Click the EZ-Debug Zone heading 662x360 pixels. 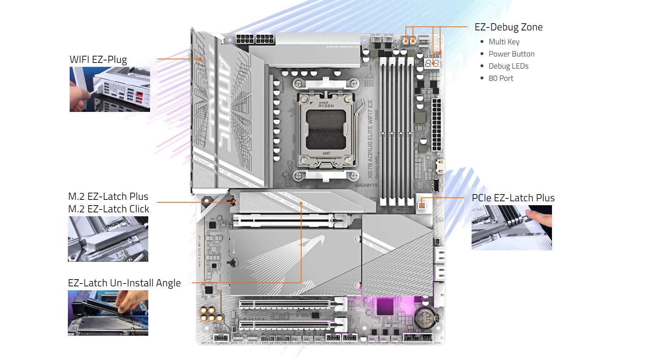tap(508, 27)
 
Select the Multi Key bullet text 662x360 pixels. tap(504, 42)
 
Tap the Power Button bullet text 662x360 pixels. tap(511, 54)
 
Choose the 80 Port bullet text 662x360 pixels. tap(501, 78)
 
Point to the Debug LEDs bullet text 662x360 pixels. tap(508, 66)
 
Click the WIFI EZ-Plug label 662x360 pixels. tap(98, 59)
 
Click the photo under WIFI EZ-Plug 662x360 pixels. tap(110, 89)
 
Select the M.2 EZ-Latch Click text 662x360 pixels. tap(109, 209)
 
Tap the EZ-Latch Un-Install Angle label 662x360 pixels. tap(124, 283)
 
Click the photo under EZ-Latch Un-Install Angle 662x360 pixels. tap(108, 313)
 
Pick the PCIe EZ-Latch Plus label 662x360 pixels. tap(513, 198)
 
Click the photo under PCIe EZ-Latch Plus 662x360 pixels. tap(511, 228)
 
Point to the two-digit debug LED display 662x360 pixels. tap(432, 64)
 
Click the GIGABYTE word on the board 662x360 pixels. tap(366, 185)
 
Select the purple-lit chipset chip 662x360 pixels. tap(385, 307)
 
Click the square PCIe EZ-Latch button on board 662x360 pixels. tap(422, 205)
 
